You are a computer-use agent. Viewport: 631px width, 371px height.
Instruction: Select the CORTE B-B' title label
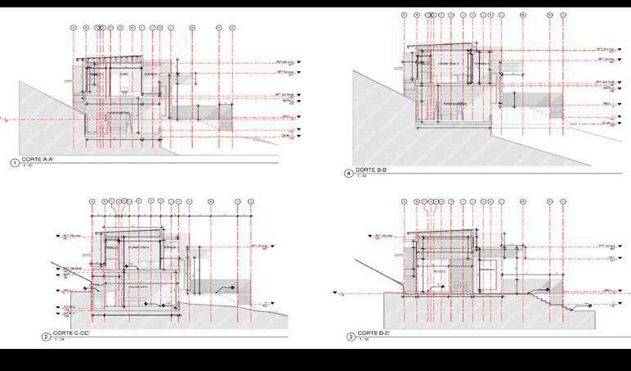click(372, 170)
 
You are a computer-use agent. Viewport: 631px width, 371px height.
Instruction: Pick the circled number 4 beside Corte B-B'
click(349, 173)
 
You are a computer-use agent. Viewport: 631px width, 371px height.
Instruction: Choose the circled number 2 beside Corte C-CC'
click(46, 336)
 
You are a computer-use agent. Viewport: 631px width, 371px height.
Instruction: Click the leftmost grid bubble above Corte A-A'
click(74, 27)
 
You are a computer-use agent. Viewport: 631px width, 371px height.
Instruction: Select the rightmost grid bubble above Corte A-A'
click(232, 27)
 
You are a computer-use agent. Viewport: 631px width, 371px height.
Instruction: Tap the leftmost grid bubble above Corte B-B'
click(405, 15)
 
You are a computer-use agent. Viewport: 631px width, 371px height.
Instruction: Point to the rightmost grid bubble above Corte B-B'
click(562, 15)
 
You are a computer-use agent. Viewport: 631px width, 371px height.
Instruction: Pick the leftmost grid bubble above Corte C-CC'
click(92, 201)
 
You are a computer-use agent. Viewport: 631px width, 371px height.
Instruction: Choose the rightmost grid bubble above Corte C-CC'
click(251, 201)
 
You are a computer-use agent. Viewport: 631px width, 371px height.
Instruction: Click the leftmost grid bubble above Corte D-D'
click(405, 201)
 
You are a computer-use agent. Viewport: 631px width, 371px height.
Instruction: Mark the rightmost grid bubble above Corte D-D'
click(562, 201)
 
